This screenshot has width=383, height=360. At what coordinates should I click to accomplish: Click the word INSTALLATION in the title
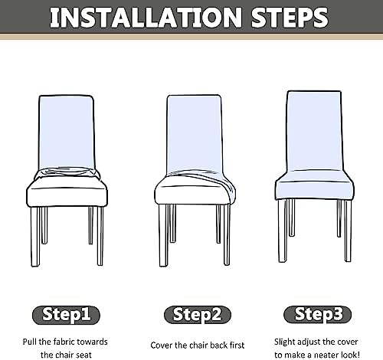(146, 18)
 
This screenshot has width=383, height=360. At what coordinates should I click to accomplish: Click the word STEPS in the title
(290, 18)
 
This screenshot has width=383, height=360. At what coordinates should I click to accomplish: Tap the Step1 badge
(66, 315)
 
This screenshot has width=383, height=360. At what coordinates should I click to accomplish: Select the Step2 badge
(198, 315)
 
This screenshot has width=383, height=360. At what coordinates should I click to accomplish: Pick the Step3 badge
(318, 314)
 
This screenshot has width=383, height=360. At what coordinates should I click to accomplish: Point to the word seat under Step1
(83, 355)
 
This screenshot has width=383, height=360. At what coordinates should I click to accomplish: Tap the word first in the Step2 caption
(237, 345)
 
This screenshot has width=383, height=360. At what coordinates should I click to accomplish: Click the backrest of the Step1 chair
(67, 132)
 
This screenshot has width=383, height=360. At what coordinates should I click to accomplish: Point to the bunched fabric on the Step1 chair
(67, 173)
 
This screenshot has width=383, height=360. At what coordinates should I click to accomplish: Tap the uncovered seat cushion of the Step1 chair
(67, 194)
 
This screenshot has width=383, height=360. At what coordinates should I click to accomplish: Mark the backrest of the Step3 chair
(314, 130)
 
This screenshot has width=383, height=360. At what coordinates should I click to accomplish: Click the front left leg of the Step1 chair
(36, 237)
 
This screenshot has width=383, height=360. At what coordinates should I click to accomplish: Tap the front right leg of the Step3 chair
(347, 231)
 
